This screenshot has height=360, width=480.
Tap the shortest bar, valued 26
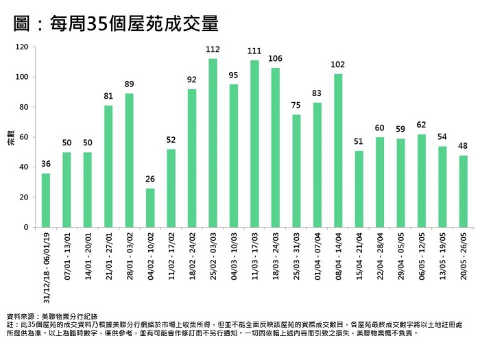point(150,208)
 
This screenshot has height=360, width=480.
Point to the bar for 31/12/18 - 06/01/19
point(46,200)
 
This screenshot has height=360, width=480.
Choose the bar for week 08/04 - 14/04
point(338,150)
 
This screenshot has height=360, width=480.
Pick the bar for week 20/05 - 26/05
point(464,191)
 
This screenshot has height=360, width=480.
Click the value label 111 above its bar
point(254,51)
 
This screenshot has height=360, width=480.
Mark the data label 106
point(276,58)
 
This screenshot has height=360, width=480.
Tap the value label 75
point(296,105)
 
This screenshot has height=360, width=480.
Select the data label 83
point(317,93)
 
